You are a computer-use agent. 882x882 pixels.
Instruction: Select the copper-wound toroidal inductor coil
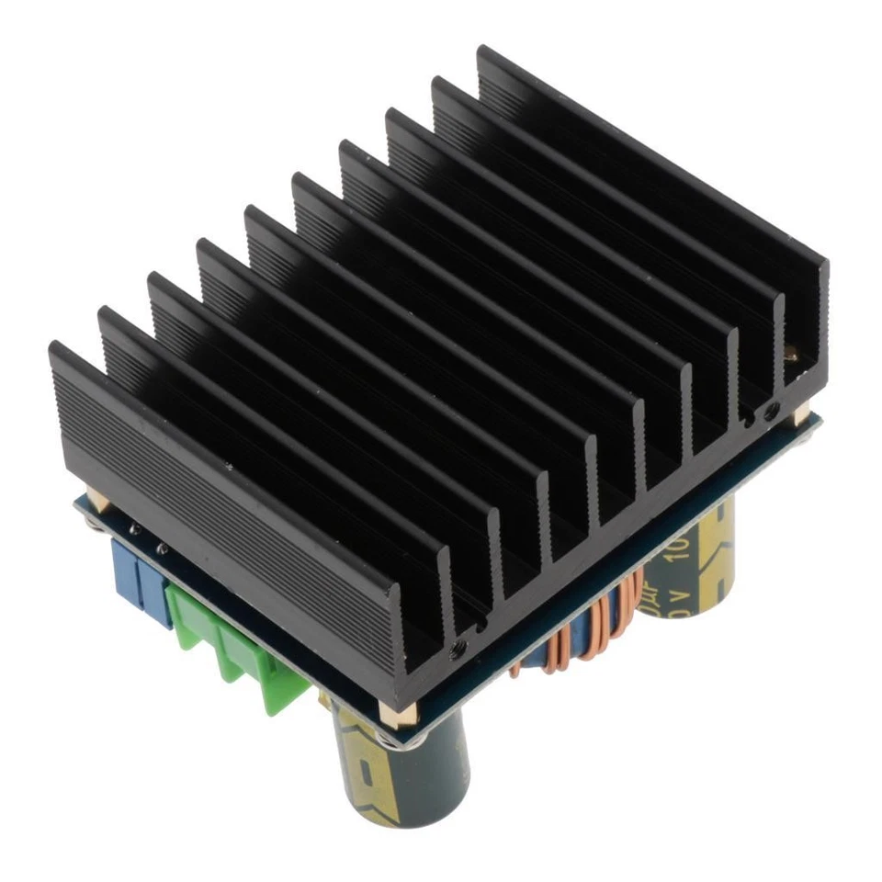coord(588,634)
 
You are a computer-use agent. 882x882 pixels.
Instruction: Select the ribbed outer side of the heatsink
coord(230,514)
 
